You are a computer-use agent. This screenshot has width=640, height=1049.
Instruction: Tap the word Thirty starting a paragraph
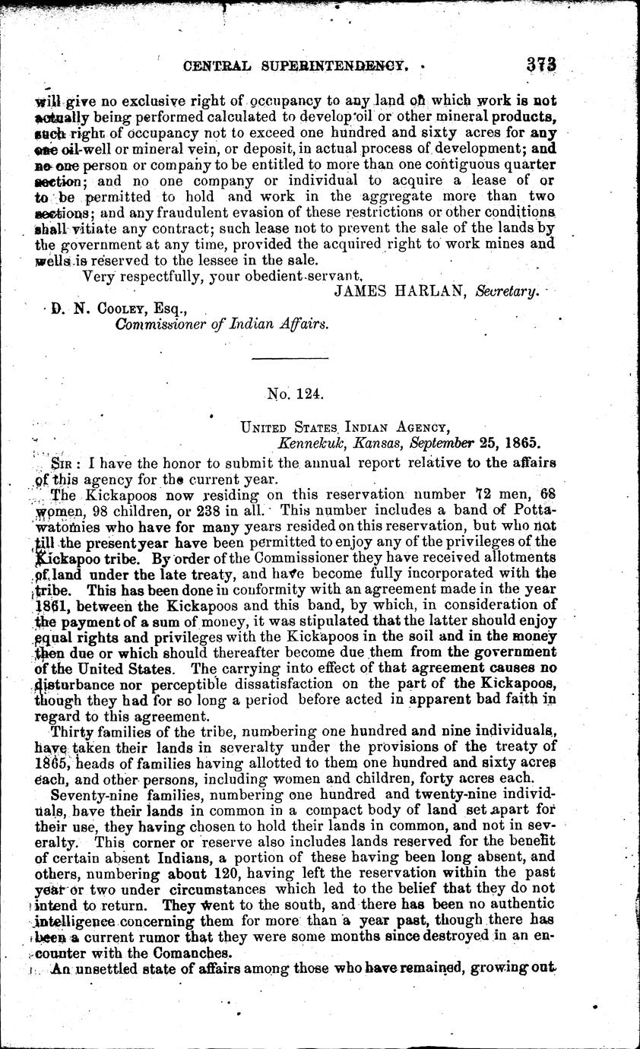click(68, 732)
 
